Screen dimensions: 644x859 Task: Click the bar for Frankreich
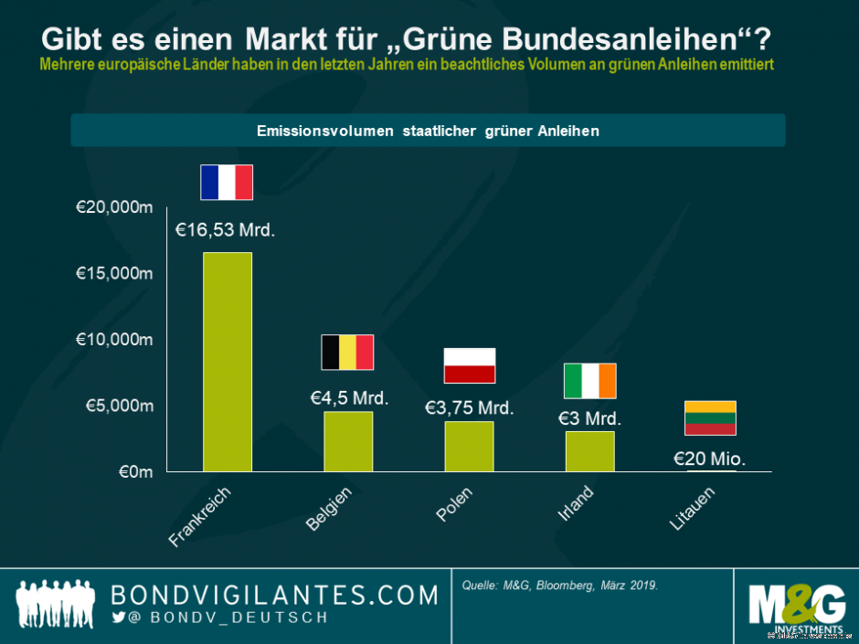pyautogui.click(x=227, y=362)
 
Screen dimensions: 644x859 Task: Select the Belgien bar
pyautogui.click(x=348, y=441)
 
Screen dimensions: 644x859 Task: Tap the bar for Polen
pyautogui.click(x=469, y=446)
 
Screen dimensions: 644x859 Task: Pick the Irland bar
pyautogui.click(x=589, y=451)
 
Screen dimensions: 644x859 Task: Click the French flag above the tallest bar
pyautogui.click(x=227, y=183)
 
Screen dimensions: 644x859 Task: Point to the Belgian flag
pyautogui.click(x=347, y=352)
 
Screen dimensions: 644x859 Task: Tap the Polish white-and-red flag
pyautogui.click(x=469, y=365)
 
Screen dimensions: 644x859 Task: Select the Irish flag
pyautogui.click(x=589, y=381)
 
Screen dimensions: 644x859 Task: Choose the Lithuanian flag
pyautogui.click(x=710, y=418)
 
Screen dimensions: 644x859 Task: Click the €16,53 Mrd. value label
pyautogui.click(x=225, y=230)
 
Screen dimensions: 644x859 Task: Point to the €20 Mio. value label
pyautogui.click(x=709, y=459)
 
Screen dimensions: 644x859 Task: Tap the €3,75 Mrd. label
pyautogui.click(x=469, y=408)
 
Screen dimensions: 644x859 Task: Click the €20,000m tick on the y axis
pyautogui.click(x=113, y=207)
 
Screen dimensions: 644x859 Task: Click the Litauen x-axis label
pyautogui.click(x=691, y=510)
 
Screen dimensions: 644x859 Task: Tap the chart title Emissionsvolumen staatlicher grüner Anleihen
pyautogui.click(x=428, y=131)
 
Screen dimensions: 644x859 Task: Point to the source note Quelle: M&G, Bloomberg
pyautogui.click(x=560, y=585)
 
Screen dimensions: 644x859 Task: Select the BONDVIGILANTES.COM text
pyautogui.click(x=275, y=596)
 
